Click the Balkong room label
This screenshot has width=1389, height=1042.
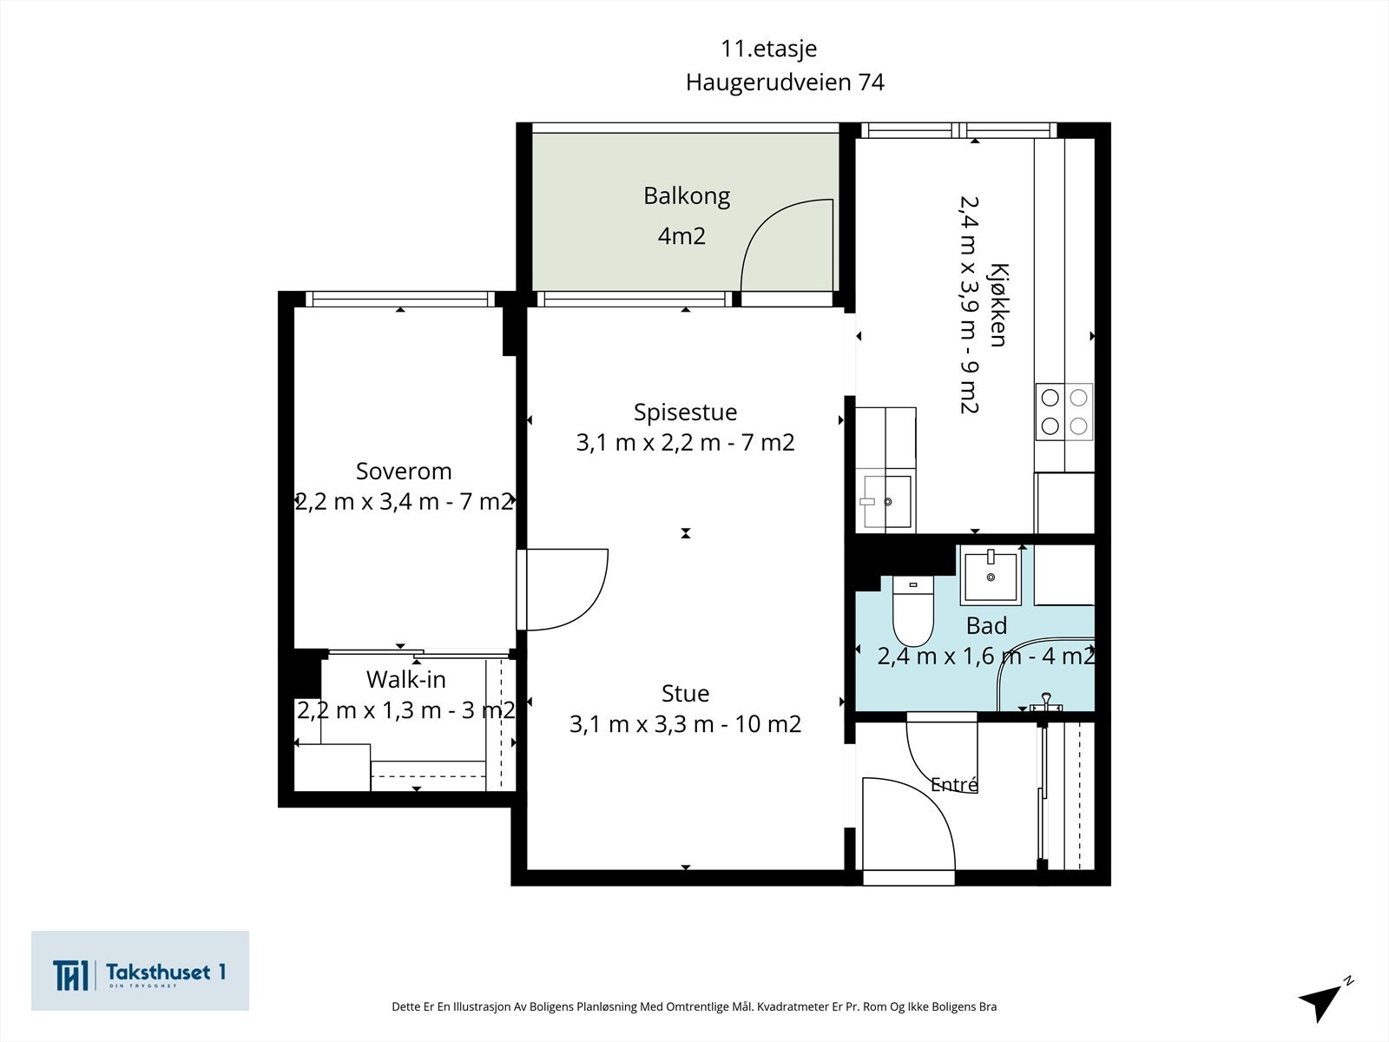click(x=687, y=197)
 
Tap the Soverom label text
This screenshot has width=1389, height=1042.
click(x=404, y=472)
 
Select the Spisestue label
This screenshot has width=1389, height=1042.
click(x=685, y=412)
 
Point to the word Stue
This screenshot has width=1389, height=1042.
click(x=685, y=694)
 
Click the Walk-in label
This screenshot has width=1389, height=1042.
click(x=405, y=680)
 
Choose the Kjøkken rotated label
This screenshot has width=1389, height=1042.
click(x=998, y=305)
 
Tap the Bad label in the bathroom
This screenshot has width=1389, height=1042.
click(x=986, y=626)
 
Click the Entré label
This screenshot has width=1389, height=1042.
click(x=954, y=784)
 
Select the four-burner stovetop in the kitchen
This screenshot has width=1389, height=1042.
click(x=1064, y=412)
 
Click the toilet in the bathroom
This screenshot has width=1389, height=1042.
click(x=913, y=610)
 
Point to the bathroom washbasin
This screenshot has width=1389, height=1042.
click(x=991, y=575)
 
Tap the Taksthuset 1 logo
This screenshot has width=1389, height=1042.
click(x=140, y=971)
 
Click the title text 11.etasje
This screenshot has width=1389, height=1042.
click(x=769, y=49)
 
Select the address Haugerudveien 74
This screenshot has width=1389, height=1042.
click(x=785, y=82)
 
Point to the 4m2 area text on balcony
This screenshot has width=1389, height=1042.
click(x=681, y=236)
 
